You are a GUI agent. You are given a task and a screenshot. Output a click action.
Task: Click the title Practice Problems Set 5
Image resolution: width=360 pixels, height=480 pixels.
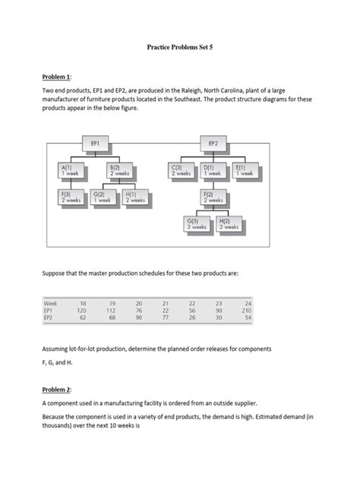(x=179, y=46)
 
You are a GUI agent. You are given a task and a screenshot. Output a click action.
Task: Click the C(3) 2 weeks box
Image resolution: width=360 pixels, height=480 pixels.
(x=182, y=169)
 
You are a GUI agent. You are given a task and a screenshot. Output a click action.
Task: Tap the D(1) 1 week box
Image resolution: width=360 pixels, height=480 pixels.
(x=213, y=169)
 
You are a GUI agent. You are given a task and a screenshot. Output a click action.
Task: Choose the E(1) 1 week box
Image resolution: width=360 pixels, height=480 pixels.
(x=245, y=169)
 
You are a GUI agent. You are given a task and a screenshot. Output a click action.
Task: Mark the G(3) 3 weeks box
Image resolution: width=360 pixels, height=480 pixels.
(x=197, y=223)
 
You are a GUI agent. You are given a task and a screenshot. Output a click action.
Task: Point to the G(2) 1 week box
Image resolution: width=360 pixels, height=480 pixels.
(x=103, y=197)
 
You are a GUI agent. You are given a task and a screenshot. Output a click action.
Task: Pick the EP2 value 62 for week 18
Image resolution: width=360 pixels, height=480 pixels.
(x=84, y=317)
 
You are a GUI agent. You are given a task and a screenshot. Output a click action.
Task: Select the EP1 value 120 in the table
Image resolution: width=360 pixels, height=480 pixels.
(x=83, y=310)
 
